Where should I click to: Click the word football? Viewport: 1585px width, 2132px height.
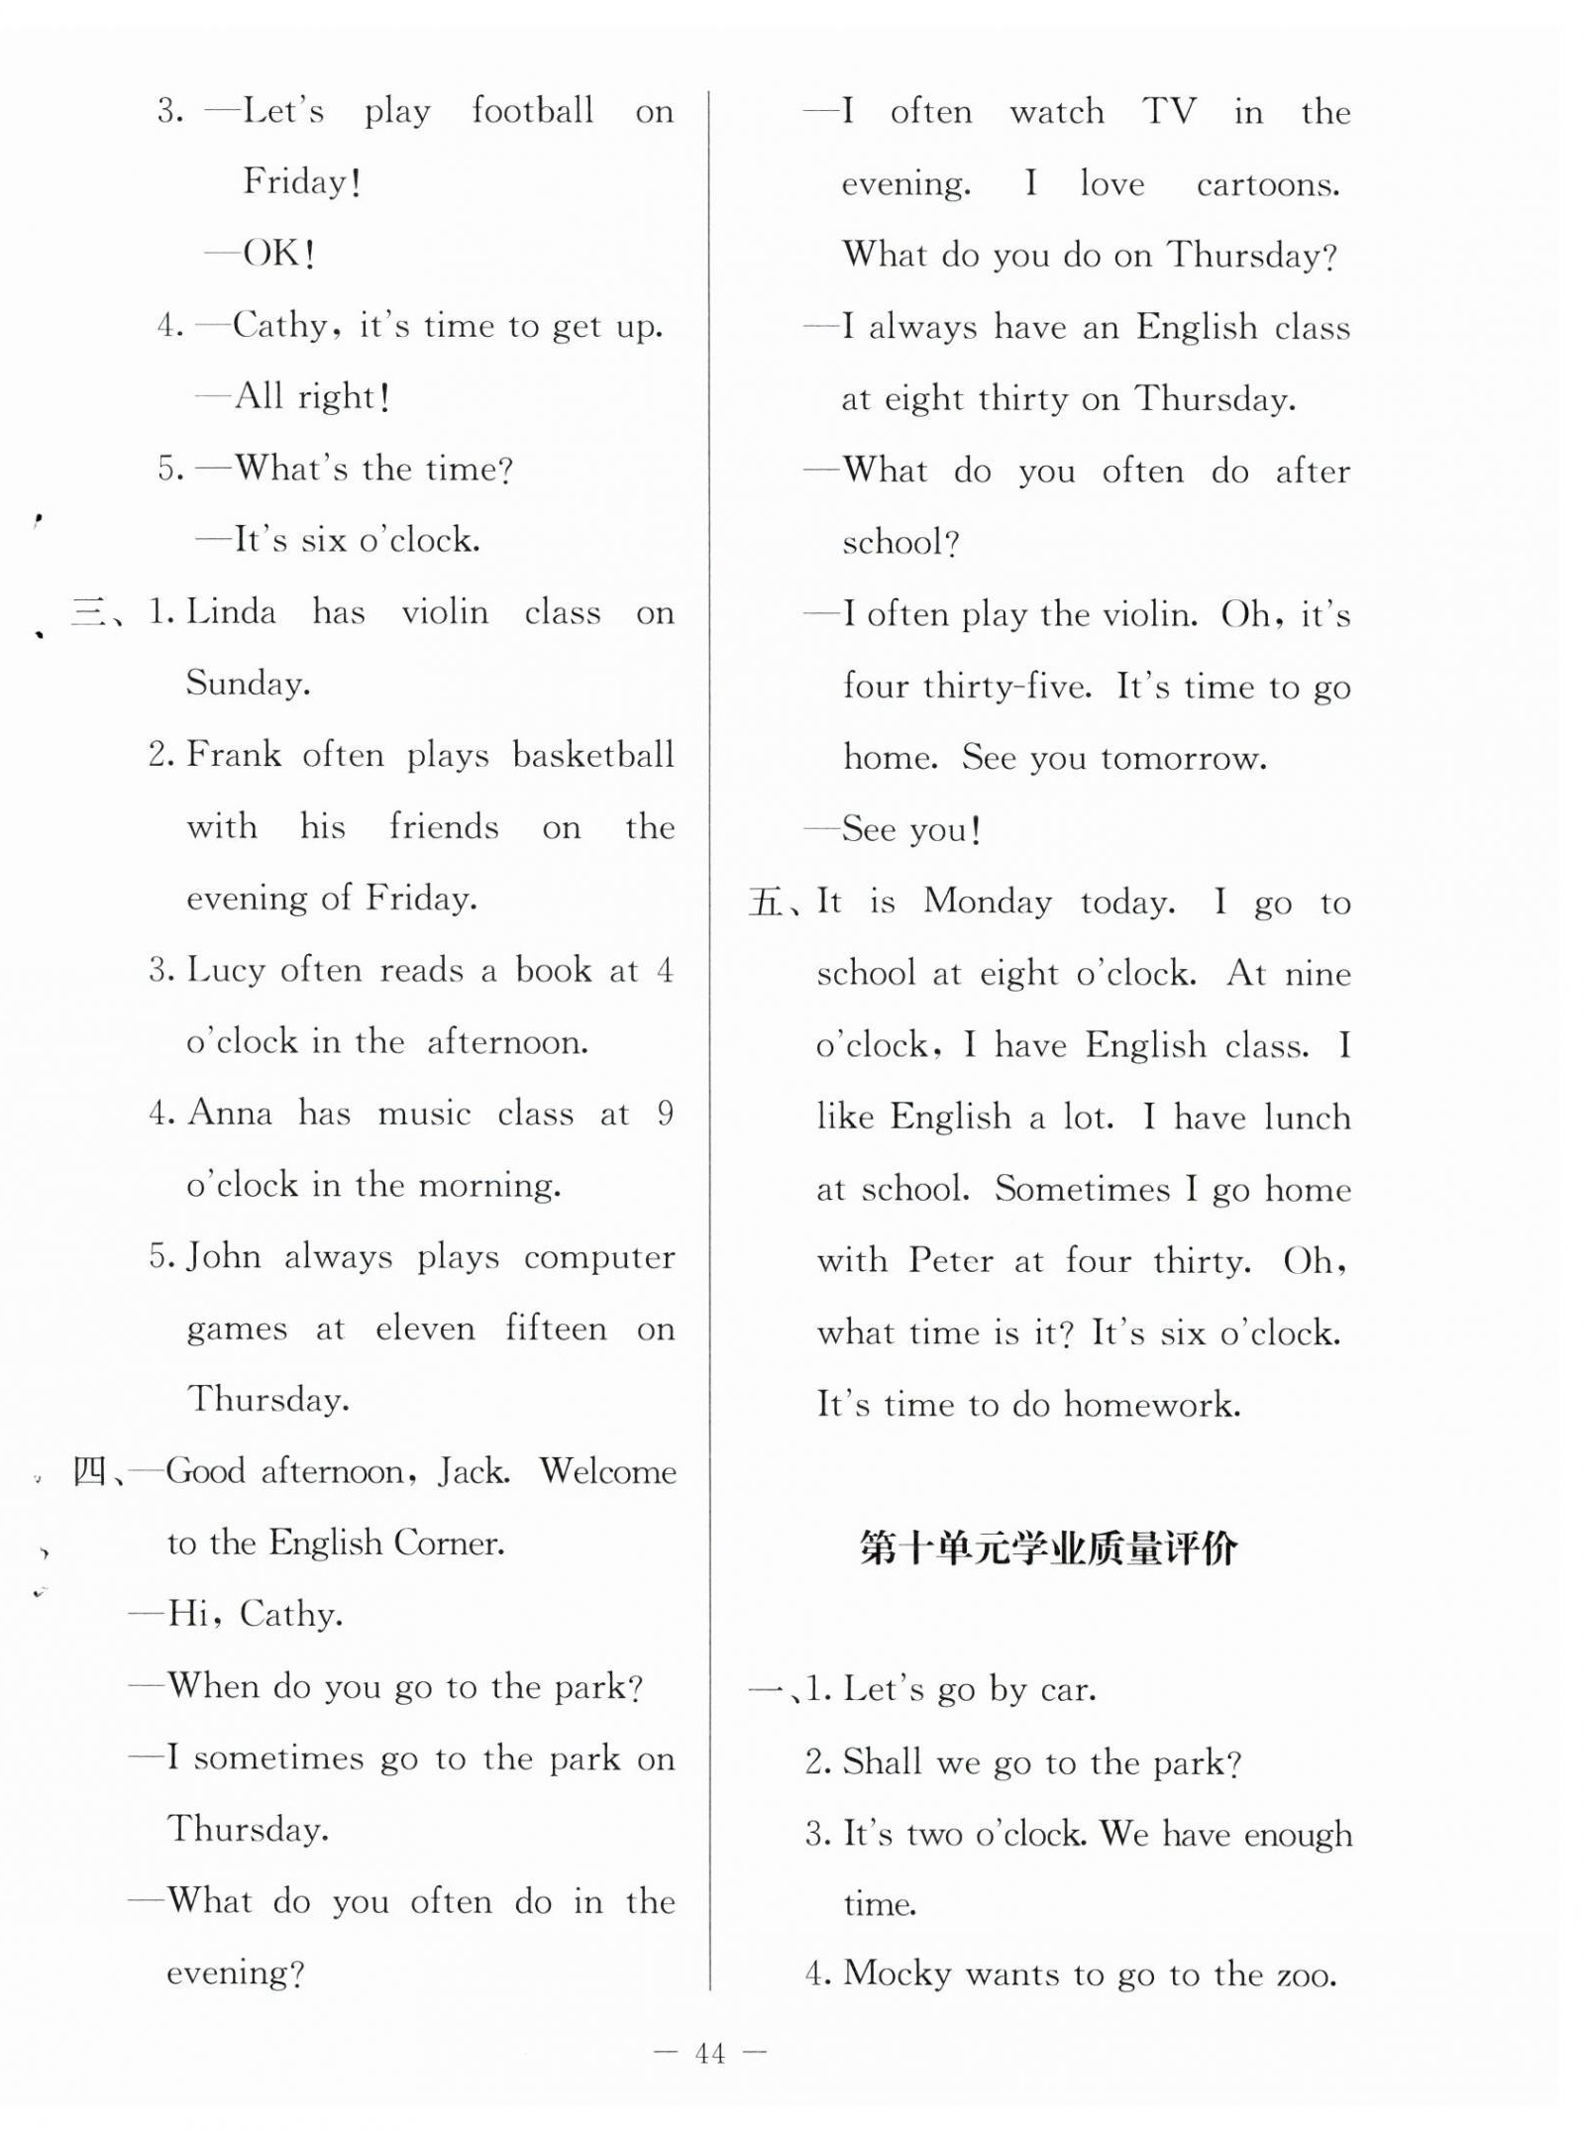coord(532,110)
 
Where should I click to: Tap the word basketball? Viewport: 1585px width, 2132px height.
coord(592,755)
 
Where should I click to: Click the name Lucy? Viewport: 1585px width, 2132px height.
coord(225,970)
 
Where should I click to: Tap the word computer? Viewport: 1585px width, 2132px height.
coord(598,1257)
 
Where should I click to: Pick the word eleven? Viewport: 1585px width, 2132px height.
coord(425,1329)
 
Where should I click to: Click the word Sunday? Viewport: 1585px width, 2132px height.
coord(247,684)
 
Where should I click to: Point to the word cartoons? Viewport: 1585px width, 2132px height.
coord(1267,184)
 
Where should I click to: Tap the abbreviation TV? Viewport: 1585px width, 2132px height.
coord(1169,111)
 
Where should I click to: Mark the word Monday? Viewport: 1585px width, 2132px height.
coord(988,902)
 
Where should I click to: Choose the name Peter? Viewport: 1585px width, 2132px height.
coord(950,1260)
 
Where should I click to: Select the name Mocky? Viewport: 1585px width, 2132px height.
coord(897,1973)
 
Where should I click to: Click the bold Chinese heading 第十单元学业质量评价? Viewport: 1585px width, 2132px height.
coord(1048,1547)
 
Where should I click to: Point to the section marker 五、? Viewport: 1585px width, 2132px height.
coord(773,903)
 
